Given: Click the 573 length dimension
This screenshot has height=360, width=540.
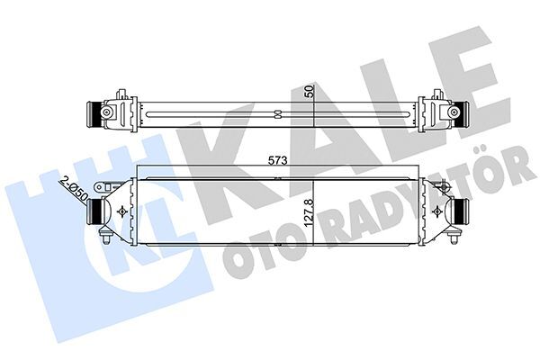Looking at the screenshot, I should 276,162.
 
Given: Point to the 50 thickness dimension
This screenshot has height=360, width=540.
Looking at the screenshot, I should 309,92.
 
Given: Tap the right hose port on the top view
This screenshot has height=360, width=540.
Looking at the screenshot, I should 464,113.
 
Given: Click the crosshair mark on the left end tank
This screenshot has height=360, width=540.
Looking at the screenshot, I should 121,211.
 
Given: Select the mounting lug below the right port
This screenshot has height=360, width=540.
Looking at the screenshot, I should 447,237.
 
